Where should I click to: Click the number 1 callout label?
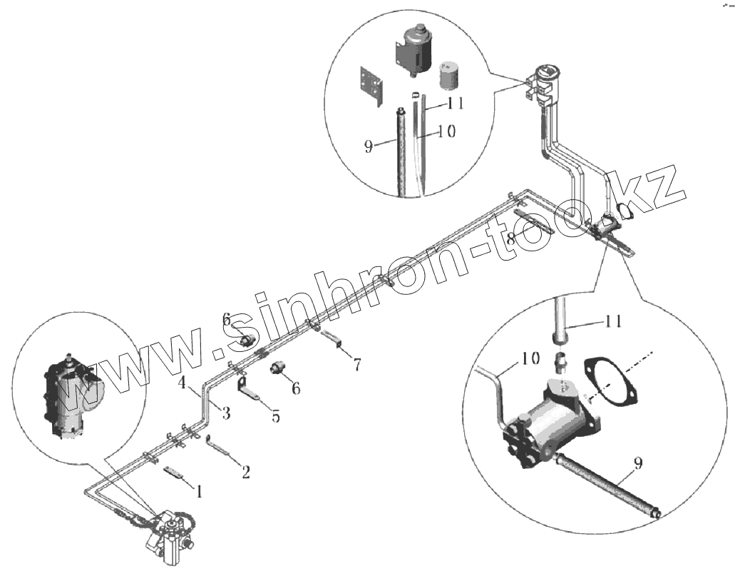[x=200, y=491]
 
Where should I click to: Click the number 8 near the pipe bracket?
[x=510, y=240]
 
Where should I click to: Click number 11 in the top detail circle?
[x=456, y=104]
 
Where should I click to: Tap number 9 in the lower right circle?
[x=637, y=464]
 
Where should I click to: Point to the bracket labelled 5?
[x=247, y=391]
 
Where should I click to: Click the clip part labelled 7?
[x=332, y=338]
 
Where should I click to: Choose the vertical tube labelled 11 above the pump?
[x=560, y=318]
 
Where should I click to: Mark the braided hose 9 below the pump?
[x=606, y=485]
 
